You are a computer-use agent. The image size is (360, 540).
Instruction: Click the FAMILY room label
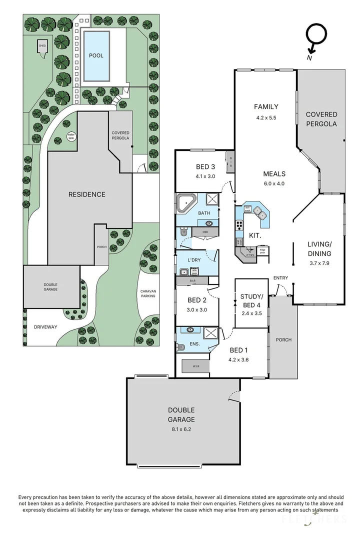point(265,106)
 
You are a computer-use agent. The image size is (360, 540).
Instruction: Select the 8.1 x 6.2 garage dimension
point(181,429)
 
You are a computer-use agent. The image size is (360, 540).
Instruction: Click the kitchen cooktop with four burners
point(239,225)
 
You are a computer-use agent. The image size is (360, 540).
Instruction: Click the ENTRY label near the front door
point(280,278)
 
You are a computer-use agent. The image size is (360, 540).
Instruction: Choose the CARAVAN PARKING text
point(147,292)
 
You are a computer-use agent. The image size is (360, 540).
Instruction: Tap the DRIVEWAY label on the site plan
point(45,327)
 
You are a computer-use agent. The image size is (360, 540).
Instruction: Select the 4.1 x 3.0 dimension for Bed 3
point(205,176)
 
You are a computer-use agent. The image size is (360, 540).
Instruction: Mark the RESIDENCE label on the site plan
point(86,194)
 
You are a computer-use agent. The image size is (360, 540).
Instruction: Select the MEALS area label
point(274,174)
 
